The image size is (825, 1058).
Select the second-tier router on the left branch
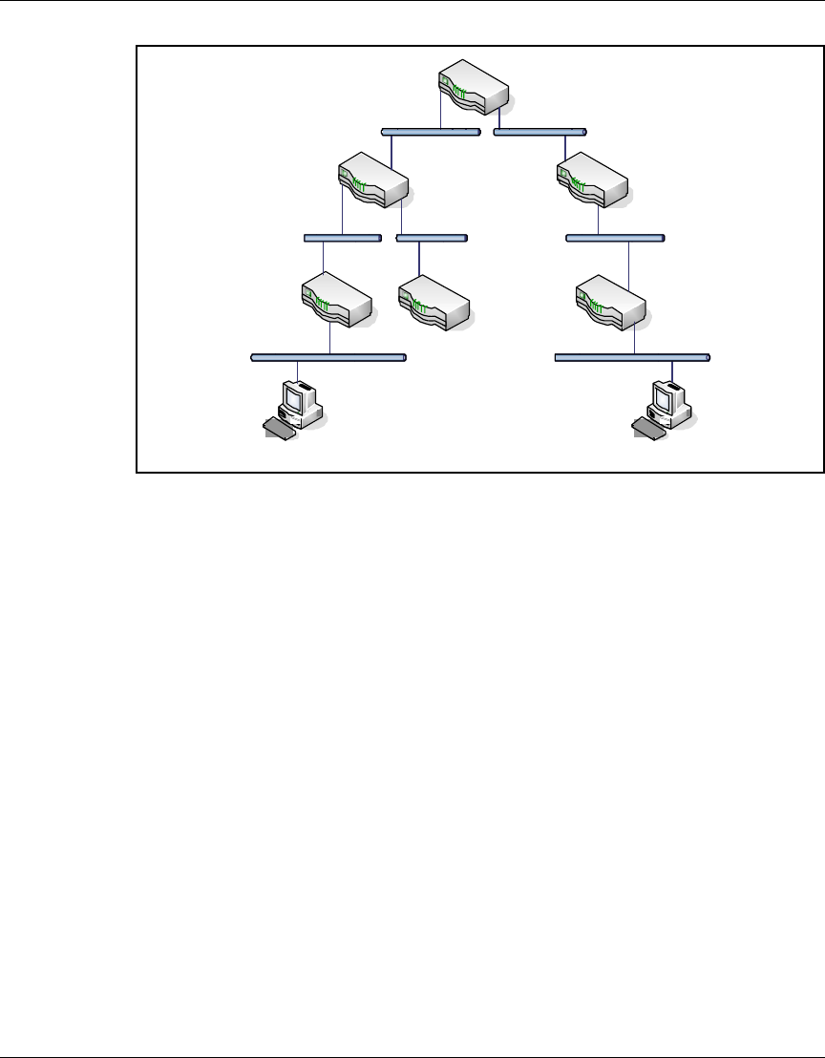tap(374, 180)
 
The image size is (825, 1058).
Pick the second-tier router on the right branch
tap(593, 180)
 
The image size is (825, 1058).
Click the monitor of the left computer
tap(298, 397)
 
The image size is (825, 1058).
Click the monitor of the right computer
tap(666, 397)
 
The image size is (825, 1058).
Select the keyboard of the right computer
tap(648, 429)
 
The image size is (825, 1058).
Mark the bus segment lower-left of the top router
tap(430, 132)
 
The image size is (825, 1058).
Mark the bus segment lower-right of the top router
tap(540, 132)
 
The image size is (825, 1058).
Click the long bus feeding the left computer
tap(328, 358)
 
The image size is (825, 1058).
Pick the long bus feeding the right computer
tap(632, 358)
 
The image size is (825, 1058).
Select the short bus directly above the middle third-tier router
tap(433, 237)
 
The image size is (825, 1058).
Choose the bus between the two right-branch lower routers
tap(615, 237)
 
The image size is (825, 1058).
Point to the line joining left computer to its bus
tap(298, 370)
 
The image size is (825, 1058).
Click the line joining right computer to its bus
tap(673, 370)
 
